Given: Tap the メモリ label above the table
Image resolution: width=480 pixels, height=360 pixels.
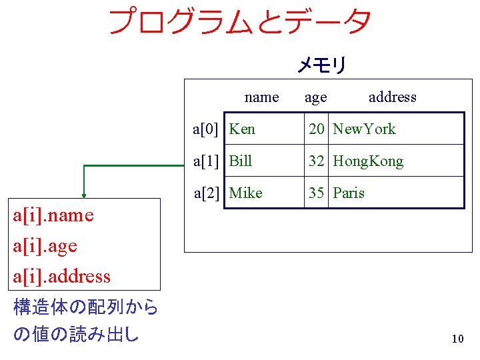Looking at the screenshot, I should pos(321,65).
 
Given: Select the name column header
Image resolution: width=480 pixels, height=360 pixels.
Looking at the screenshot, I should pos(261,97).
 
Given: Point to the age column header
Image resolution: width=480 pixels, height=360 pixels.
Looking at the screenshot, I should pos(315,97).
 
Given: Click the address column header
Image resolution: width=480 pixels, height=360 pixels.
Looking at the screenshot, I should pos(392,97).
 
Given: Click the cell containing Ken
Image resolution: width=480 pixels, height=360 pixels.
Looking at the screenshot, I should pos(242,129).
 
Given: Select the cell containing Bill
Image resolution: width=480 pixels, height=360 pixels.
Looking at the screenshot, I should pos(241,161).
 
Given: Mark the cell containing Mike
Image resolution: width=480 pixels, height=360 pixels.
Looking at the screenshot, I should pos(245,193).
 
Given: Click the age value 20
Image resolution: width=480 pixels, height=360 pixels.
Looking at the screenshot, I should pos(316,129).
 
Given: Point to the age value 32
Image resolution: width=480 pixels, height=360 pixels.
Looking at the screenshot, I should pos(316,161).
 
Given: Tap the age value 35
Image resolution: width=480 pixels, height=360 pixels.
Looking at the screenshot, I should pos(316,193).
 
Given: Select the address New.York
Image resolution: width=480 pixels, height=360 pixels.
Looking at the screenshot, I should pos(364,129).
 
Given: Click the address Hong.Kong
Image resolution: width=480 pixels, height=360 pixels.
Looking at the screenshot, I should pos(368,161).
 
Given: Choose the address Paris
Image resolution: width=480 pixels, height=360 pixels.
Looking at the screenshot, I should pos(349,193).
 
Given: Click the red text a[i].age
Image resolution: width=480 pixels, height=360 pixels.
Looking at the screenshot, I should pos(45,246).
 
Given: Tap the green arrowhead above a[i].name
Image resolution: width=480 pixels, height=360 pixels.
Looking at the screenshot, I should pos(84,195).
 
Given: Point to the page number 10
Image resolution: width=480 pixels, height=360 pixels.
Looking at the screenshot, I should pos(457,339).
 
